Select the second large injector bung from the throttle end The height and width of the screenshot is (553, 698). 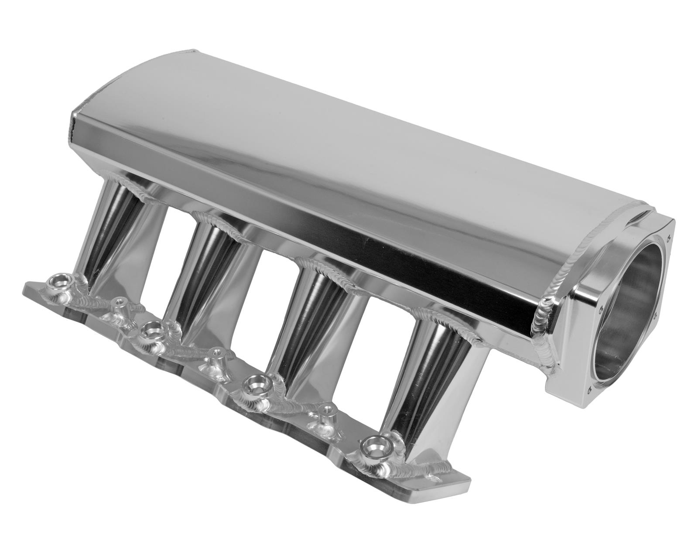click(254, 385)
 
